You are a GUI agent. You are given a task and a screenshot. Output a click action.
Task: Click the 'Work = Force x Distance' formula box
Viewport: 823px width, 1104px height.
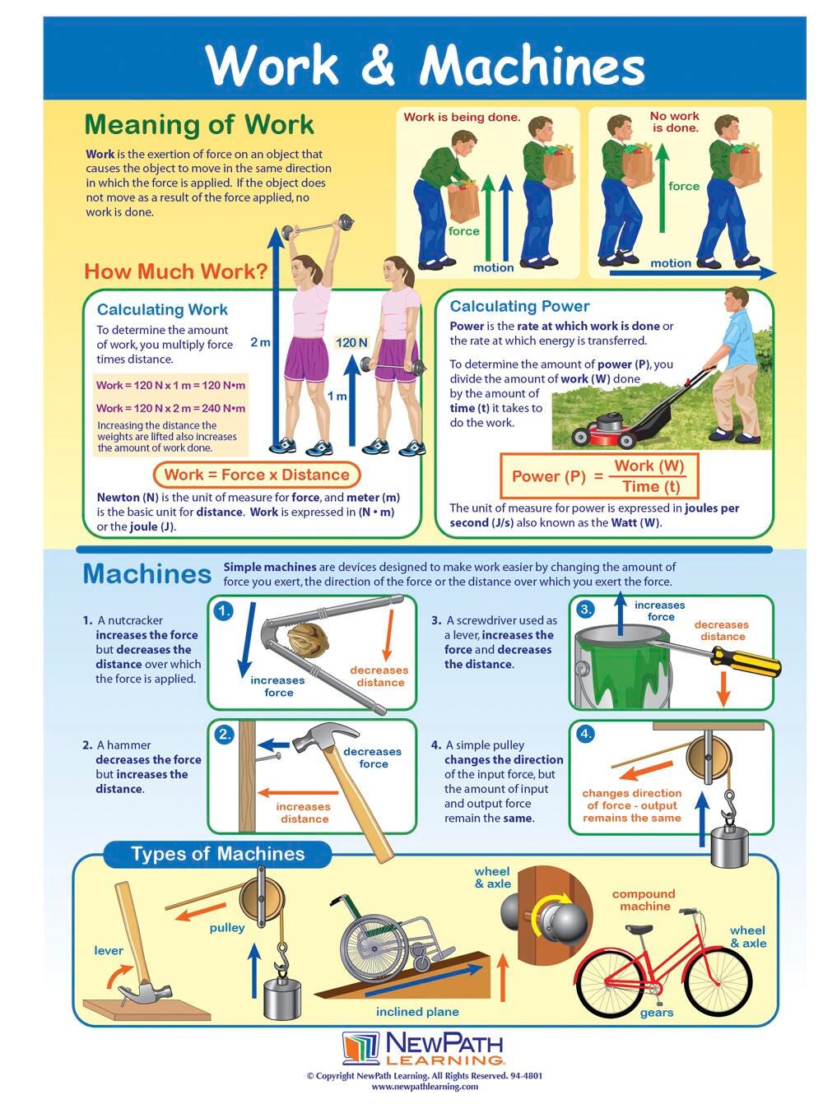click(x=257, y=475)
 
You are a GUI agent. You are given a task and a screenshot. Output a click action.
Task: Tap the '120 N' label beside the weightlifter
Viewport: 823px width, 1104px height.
click(x=351, y=342)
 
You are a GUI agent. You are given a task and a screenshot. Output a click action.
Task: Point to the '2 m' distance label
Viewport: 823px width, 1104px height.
click(x=260, y=342)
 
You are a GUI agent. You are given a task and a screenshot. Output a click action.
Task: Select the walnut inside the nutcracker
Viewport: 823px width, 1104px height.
click(x=309, y=640)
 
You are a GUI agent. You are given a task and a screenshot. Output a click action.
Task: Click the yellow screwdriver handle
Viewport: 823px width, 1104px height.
click(x=746, y=661)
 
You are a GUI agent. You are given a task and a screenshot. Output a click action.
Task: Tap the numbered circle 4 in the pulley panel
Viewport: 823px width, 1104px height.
click(x=586, y=734)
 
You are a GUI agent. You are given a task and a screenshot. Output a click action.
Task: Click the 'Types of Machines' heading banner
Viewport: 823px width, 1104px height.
click(x=218, y=854)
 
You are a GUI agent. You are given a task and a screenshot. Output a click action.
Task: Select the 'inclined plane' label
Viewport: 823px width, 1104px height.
click(x=417, y=1011)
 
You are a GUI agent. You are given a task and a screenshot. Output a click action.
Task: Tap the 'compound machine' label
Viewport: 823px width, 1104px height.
click(x=644, y=900)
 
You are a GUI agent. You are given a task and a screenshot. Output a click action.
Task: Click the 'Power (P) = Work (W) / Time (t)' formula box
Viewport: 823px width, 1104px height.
click(x=599, y=475)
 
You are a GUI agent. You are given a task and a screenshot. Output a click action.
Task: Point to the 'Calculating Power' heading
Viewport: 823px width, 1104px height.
click(x=519, y=306)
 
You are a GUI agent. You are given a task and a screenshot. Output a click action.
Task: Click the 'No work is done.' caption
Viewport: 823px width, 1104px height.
click(x=675, y=122)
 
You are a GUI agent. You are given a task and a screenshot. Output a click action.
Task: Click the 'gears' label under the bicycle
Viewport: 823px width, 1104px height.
click(x=657, y=1013)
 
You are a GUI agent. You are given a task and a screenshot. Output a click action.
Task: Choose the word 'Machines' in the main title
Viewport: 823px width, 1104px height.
click(x=532, y=65)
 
